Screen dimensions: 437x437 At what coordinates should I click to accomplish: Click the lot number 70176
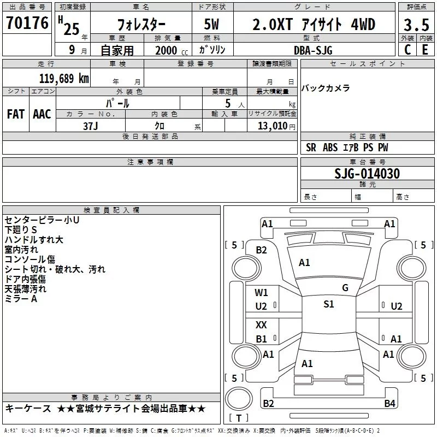point(27,23)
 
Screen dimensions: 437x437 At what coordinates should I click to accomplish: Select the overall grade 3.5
point(416,25)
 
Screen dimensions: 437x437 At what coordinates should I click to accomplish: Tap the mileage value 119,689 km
point(64,79)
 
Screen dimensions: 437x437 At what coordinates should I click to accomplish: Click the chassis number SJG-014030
point(367,174)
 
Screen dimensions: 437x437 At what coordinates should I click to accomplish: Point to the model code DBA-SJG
point(313,50)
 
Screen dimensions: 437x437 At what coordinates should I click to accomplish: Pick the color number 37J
point(91,126)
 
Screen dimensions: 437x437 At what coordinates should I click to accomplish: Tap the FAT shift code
point(16,114)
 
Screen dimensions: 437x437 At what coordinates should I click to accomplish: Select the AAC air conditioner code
point(42,114)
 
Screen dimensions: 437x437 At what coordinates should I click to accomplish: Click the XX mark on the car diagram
point(261,324)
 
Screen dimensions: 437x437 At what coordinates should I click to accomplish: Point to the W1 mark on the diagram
point(261,293)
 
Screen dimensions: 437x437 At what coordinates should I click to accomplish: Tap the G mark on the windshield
point(345,288)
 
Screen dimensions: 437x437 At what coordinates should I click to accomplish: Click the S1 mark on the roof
point(329,304)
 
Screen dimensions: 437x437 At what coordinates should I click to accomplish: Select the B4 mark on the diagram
point(389,403)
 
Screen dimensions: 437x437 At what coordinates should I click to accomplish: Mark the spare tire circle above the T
point(239,399)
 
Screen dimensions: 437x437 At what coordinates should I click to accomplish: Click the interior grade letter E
point(426,50)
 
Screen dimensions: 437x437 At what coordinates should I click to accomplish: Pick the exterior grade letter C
point(408,50)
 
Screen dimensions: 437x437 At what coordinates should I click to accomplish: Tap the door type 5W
point(211,24)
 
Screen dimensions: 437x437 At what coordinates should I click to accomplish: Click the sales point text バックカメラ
point(326,88)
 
